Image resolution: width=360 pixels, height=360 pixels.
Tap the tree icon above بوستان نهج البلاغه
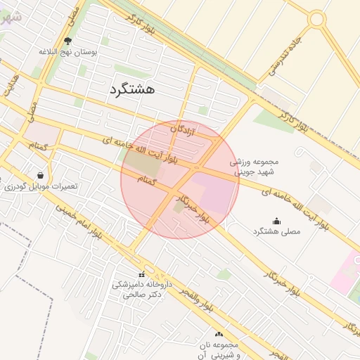pos(67,41)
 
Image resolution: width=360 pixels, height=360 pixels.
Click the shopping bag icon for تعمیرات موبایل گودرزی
pos(40,175)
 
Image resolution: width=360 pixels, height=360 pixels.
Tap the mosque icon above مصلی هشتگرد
pos(276,220)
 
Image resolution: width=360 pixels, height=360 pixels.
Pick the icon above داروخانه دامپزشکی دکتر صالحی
pos(142,275)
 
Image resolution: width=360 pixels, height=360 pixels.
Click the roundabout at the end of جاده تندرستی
pos(316,19)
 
